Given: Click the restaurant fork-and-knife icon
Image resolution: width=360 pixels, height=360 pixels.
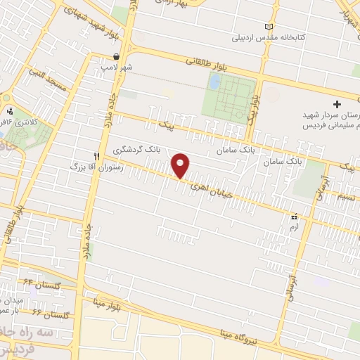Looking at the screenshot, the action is coord(98,155).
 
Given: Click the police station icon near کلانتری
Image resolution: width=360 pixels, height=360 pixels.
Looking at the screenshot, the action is coord(9,110).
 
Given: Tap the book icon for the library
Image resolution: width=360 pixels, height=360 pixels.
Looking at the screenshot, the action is coord(267,27).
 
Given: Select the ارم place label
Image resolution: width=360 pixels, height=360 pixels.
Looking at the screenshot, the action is coord(294,227).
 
